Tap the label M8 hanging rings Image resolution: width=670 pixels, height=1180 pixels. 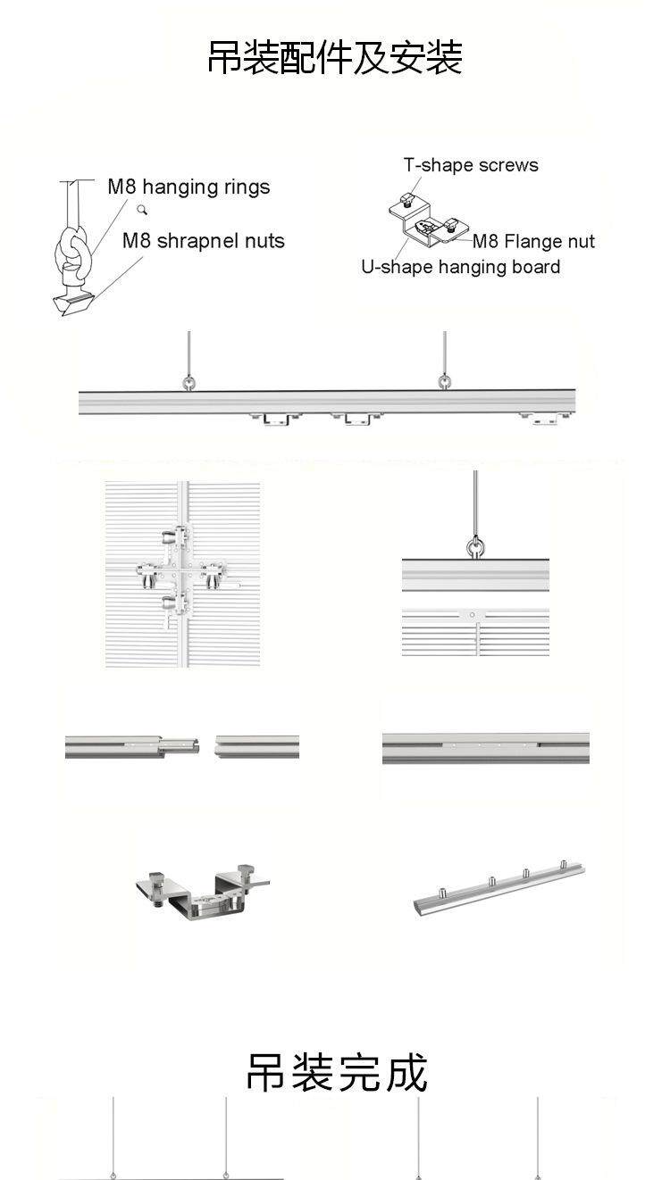(x=188, y=187)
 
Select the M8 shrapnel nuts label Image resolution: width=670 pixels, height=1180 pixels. (x=203, y=241)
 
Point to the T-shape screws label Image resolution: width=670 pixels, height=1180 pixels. (x=471, y=165)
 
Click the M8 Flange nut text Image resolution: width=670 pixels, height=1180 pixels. (x=533, y=241)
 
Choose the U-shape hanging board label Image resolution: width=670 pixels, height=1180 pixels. (x=460, y=267)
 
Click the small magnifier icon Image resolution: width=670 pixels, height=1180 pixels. (x=142, y=211)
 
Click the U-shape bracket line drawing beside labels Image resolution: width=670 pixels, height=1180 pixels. (x=424, y=220)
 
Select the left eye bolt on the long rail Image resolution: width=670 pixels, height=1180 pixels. (x=189, y=383)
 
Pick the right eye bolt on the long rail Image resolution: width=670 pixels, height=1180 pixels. (x=445, y=382)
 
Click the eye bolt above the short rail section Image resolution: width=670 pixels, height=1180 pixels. (x=475, y=545)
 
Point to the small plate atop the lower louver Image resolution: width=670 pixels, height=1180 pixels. (x=473, y=615)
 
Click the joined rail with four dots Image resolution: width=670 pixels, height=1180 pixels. (x=485, y=748)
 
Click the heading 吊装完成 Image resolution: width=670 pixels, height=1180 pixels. (x=337, y=1072)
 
